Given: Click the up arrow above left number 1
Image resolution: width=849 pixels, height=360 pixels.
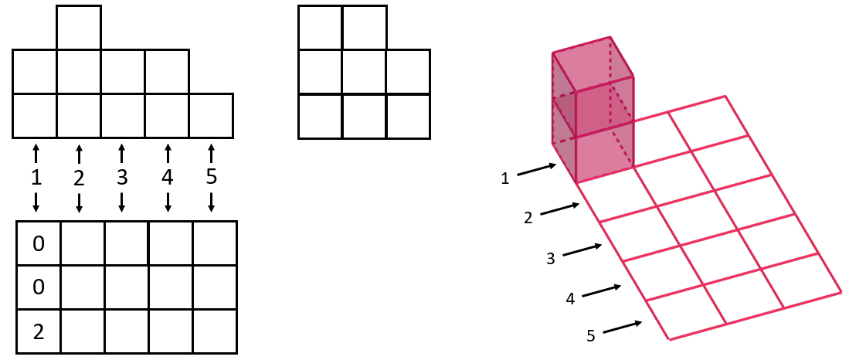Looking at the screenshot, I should (36, 147).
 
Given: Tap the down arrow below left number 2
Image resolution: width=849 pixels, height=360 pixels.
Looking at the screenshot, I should (79, 209).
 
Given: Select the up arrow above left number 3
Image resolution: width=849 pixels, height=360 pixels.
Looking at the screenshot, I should (121, 147).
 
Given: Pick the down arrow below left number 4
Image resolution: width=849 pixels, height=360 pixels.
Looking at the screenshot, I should (168, 209).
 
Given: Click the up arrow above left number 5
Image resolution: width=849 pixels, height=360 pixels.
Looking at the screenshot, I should (212, 147).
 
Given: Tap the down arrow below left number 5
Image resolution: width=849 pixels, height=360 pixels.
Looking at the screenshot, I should (212, 209).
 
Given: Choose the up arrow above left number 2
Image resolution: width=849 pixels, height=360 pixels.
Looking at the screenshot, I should (79, 147).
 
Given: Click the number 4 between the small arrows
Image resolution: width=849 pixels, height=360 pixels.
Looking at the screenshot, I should (168, 177).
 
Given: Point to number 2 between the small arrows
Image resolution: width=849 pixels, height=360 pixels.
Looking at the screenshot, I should (79, 177).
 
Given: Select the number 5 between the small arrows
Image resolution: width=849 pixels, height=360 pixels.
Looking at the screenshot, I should (212, 177).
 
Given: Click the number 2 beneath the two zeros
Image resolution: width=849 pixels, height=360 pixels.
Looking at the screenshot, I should (38, 332).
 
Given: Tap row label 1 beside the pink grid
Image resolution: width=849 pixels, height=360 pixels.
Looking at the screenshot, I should (504, 178).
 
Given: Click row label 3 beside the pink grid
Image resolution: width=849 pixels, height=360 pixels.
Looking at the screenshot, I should (550, 258).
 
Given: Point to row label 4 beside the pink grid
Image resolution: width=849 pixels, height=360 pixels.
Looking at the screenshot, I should (570, 297).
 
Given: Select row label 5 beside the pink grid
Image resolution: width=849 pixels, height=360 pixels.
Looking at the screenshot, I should (591, 336).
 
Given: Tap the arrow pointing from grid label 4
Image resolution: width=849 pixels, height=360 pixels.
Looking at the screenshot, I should (601, 290).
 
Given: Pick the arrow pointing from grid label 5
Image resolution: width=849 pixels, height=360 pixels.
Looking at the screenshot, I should (622, 328).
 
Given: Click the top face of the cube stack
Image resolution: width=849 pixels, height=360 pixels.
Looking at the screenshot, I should (593, 56).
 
